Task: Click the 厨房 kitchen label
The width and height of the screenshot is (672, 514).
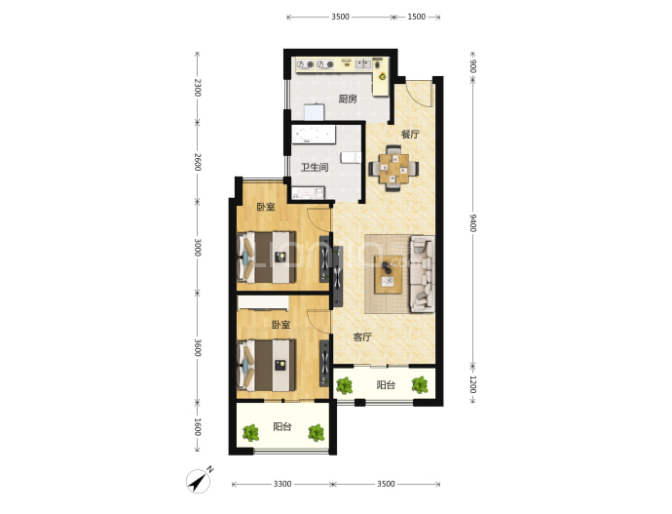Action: (x=348, y=99)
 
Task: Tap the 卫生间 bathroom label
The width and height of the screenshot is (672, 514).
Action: (x=315, y=167)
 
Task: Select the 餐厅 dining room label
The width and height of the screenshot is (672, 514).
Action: (x=410, y=135)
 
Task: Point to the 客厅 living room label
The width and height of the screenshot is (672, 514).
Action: (x=362, y=337)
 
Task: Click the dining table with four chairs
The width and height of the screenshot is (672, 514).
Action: (x=394, y=168)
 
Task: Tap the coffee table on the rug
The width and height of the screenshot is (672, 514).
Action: (x=389, y=275)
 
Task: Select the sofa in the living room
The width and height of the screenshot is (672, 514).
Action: (x=422, y=274)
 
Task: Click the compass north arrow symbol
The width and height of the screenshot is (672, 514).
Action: (x=199, y=481)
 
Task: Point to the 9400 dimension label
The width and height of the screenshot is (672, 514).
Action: (x=472, y=222)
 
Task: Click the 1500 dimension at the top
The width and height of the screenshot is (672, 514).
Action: (x=416, y=17)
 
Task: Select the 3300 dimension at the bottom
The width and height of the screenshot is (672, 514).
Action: (x=282, y=484)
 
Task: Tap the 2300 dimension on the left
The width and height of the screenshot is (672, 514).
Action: (x=197, y=88)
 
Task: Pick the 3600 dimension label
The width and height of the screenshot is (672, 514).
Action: (x=197, y=347)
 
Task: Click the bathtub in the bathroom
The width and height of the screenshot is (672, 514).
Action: (x=314, y=135)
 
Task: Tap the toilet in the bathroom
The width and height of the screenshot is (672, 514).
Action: (x=351, y=157)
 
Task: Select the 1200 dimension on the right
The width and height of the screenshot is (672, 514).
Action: (x=472, y=384)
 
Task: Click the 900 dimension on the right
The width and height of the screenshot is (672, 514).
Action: (x=472, y=66)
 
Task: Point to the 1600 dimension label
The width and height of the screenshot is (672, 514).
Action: (x=197, y=427)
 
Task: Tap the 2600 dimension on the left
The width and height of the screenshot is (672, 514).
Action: (x=197, y=162)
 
